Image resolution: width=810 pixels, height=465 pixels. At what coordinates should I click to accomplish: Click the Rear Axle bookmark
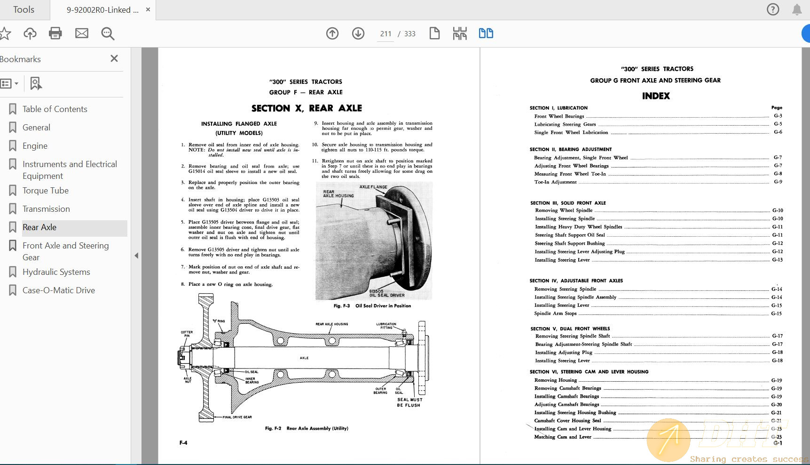(x=39, y=227)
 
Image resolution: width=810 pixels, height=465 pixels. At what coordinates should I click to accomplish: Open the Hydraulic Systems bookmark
(x=56, y=272)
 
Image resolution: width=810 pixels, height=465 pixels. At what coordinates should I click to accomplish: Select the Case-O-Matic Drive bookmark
(x=58, y=290)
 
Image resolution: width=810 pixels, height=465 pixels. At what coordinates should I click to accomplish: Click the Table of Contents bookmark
(x=55, y=109)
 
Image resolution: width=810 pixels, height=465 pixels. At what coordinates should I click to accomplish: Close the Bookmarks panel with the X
(x=114, y=58)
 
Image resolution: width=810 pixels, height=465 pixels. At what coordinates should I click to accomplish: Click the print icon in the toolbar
(x=55, y=33)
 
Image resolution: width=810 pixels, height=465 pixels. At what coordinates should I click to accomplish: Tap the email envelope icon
(x=82, y=33)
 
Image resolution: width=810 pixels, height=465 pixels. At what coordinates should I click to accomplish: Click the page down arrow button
(x=358, y=33)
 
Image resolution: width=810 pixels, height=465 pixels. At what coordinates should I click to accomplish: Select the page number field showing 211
(x=385, y=34)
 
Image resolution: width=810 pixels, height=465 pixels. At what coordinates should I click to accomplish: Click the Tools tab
(x=24, y=10)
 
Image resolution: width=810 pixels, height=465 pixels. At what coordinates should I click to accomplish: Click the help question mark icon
(x=773, y=9)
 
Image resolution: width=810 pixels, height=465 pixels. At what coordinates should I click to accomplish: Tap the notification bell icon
(x=797, y=10)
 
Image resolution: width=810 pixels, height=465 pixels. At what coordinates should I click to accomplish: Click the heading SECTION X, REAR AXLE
(x=307, y=108)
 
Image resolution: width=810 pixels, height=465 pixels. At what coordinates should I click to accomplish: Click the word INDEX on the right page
(x=656, y=96)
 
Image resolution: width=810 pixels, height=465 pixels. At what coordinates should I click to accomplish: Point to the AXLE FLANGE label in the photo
(x=373, y=187)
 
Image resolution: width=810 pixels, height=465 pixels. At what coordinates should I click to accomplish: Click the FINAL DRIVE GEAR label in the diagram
(x=237, y=417)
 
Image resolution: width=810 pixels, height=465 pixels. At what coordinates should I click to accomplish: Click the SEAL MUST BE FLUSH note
(x=409, y=402)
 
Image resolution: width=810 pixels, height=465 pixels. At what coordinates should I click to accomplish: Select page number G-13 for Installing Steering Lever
(x=777, y=260)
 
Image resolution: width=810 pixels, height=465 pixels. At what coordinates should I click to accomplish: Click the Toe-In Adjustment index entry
(x=555, y=182)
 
